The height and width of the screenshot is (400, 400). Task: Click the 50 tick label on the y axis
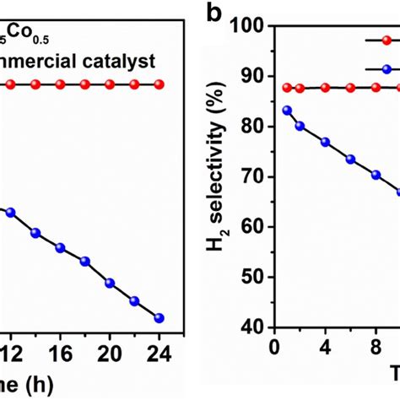tap(251, 277)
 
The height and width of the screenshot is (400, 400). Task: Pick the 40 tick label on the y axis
tap(251, 327)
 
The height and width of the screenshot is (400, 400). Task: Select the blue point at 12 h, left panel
tap(10, 214)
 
